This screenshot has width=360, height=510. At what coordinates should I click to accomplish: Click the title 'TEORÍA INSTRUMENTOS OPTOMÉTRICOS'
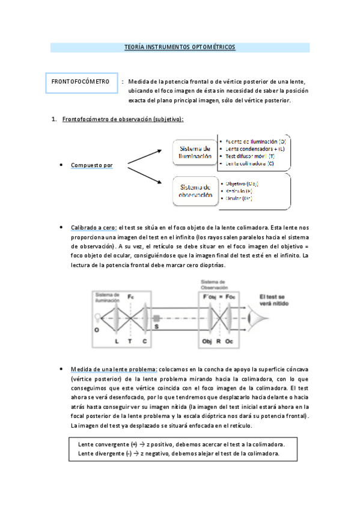click(180, 47)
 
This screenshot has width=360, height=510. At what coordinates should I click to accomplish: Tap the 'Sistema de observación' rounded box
click(194, 191)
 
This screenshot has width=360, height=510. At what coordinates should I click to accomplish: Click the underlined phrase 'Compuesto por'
click(91, 165)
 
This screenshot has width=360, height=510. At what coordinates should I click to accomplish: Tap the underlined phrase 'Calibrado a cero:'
click(93, 227)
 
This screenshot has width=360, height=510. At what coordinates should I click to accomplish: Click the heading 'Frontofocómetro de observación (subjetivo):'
click(123, 119)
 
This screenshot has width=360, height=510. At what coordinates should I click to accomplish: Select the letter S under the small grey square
click(157, 327)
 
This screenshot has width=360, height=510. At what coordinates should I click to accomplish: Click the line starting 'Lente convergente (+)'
click(181, 444)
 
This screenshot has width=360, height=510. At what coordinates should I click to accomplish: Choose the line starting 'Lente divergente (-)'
click(178, 453)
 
